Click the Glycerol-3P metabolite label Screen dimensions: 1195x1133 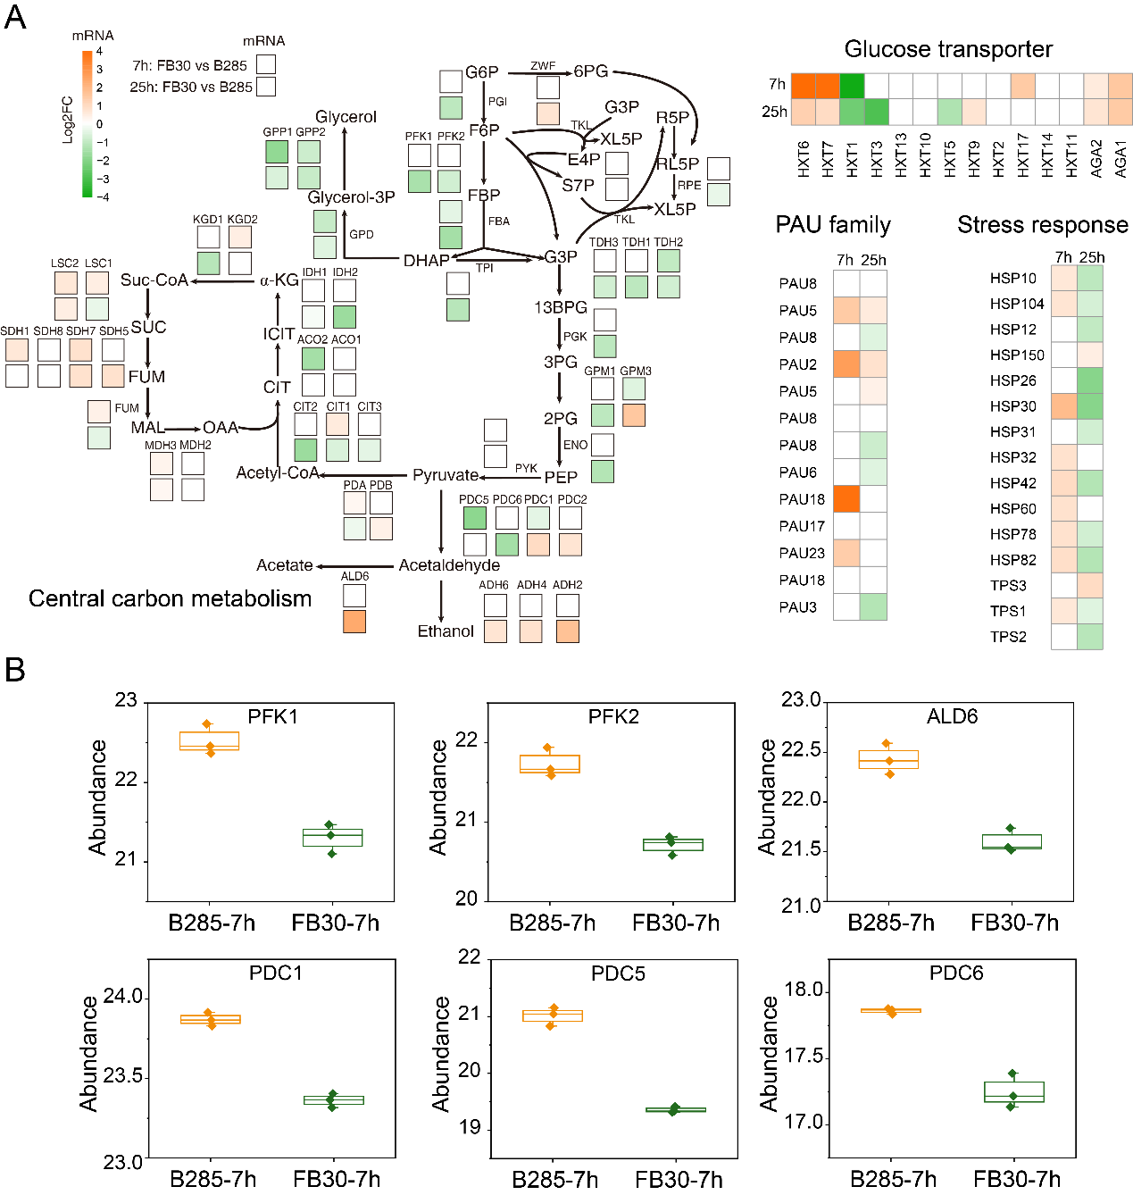point(351,197)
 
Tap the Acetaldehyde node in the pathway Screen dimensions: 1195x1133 point(449,565)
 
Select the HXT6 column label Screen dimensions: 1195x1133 point(804,159)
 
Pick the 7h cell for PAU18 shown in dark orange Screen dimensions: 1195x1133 point(846,498)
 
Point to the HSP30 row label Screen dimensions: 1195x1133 point(1012,406)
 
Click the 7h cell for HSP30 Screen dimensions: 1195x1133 point(1063,406)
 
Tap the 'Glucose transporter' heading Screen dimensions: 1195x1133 point(948,49)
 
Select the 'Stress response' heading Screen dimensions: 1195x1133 point(1042,225)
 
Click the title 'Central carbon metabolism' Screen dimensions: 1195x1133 point(170,598)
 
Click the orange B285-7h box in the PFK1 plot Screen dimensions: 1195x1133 point(209,741)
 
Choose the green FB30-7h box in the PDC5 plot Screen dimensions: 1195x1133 point(675,1110)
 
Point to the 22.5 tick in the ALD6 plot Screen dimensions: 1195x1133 point(800,750)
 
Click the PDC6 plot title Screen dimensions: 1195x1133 point(955,973)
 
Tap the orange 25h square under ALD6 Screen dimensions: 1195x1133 point(354,622)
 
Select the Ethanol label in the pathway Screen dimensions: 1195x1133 point(446,631)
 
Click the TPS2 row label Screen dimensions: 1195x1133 point(1008,637)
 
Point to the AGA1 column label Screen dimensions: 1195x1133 point(1121,158)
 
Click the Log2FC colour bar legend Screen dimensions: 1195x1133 point(87,123)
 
